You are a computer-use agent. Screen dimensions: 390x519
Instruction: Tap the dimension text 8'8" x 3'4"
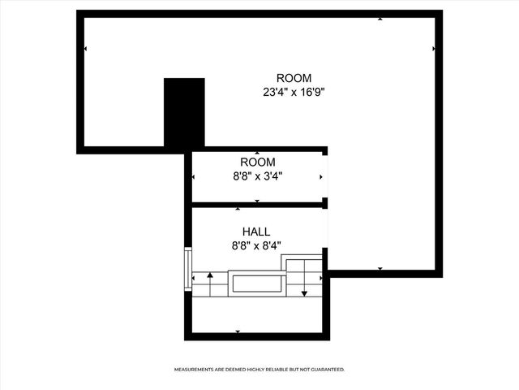pos(257,175)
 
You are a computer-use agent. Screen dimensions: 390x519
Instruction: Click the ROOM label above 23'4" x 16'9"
pos(293,78)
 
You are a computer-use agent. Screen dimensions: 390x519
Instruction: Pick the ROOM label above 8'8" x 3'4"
pos(257,162)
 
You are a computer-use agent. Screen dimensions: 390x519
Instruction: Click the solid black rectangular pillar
pos(184,113)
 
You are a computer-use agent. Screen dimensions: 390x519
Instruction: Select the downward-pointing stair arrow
pos(305,284)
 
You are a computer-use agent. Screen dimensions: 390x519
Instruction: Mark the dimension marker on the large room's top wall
pos(380,18)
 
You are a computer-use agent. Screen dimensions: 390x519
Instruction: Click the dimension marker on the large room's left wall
pos(85,49)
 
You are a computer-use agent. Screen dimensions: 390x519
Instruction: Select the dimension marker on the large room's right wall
pos(434,49)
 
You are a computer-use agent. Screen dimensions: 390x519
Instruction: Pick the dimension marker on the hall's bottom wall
pos(238,331)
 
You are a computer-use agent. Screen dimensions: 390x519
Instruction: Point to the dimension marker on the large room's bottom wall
pos(380,268)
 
